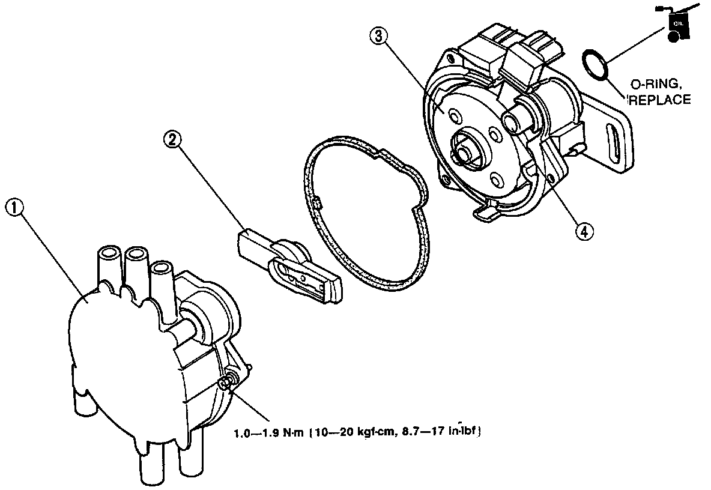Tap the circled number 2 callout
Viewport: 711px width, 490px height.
pyautogui.click(x=172, y=140)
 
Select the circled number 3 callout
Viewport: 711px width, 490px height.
pyautogui.click(x=377, y=37)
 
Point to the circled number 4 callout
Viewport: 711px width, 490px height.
pyautogui.click(x=583, y=229)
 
